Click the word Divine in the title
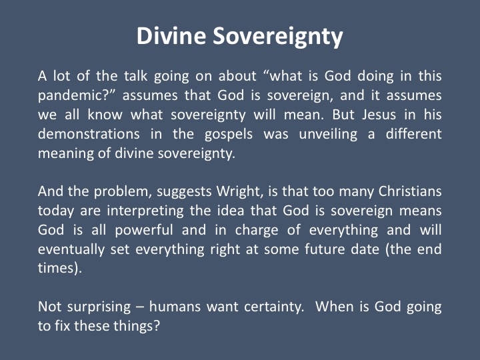click(x=171, y=36)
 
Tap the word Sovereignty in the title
click(x=278, y=37)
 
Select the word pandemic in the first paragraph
click(x=71, y=96)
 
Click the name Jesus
click(x=379, y=115)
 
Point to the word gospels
click(x=229, y=135)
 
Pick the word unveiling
click(x=328, y=135)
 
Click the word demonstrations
click(x=89, y=134)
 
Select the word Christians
click(x=410, y=191)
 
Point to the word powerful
click(x=144, y=231)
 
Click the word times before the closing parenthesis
click(x=57, y=268)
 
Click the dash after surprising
click(x=140, y=307)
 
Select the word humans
click(x=175, y=307)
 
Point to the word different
click(x=413, y=134)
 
